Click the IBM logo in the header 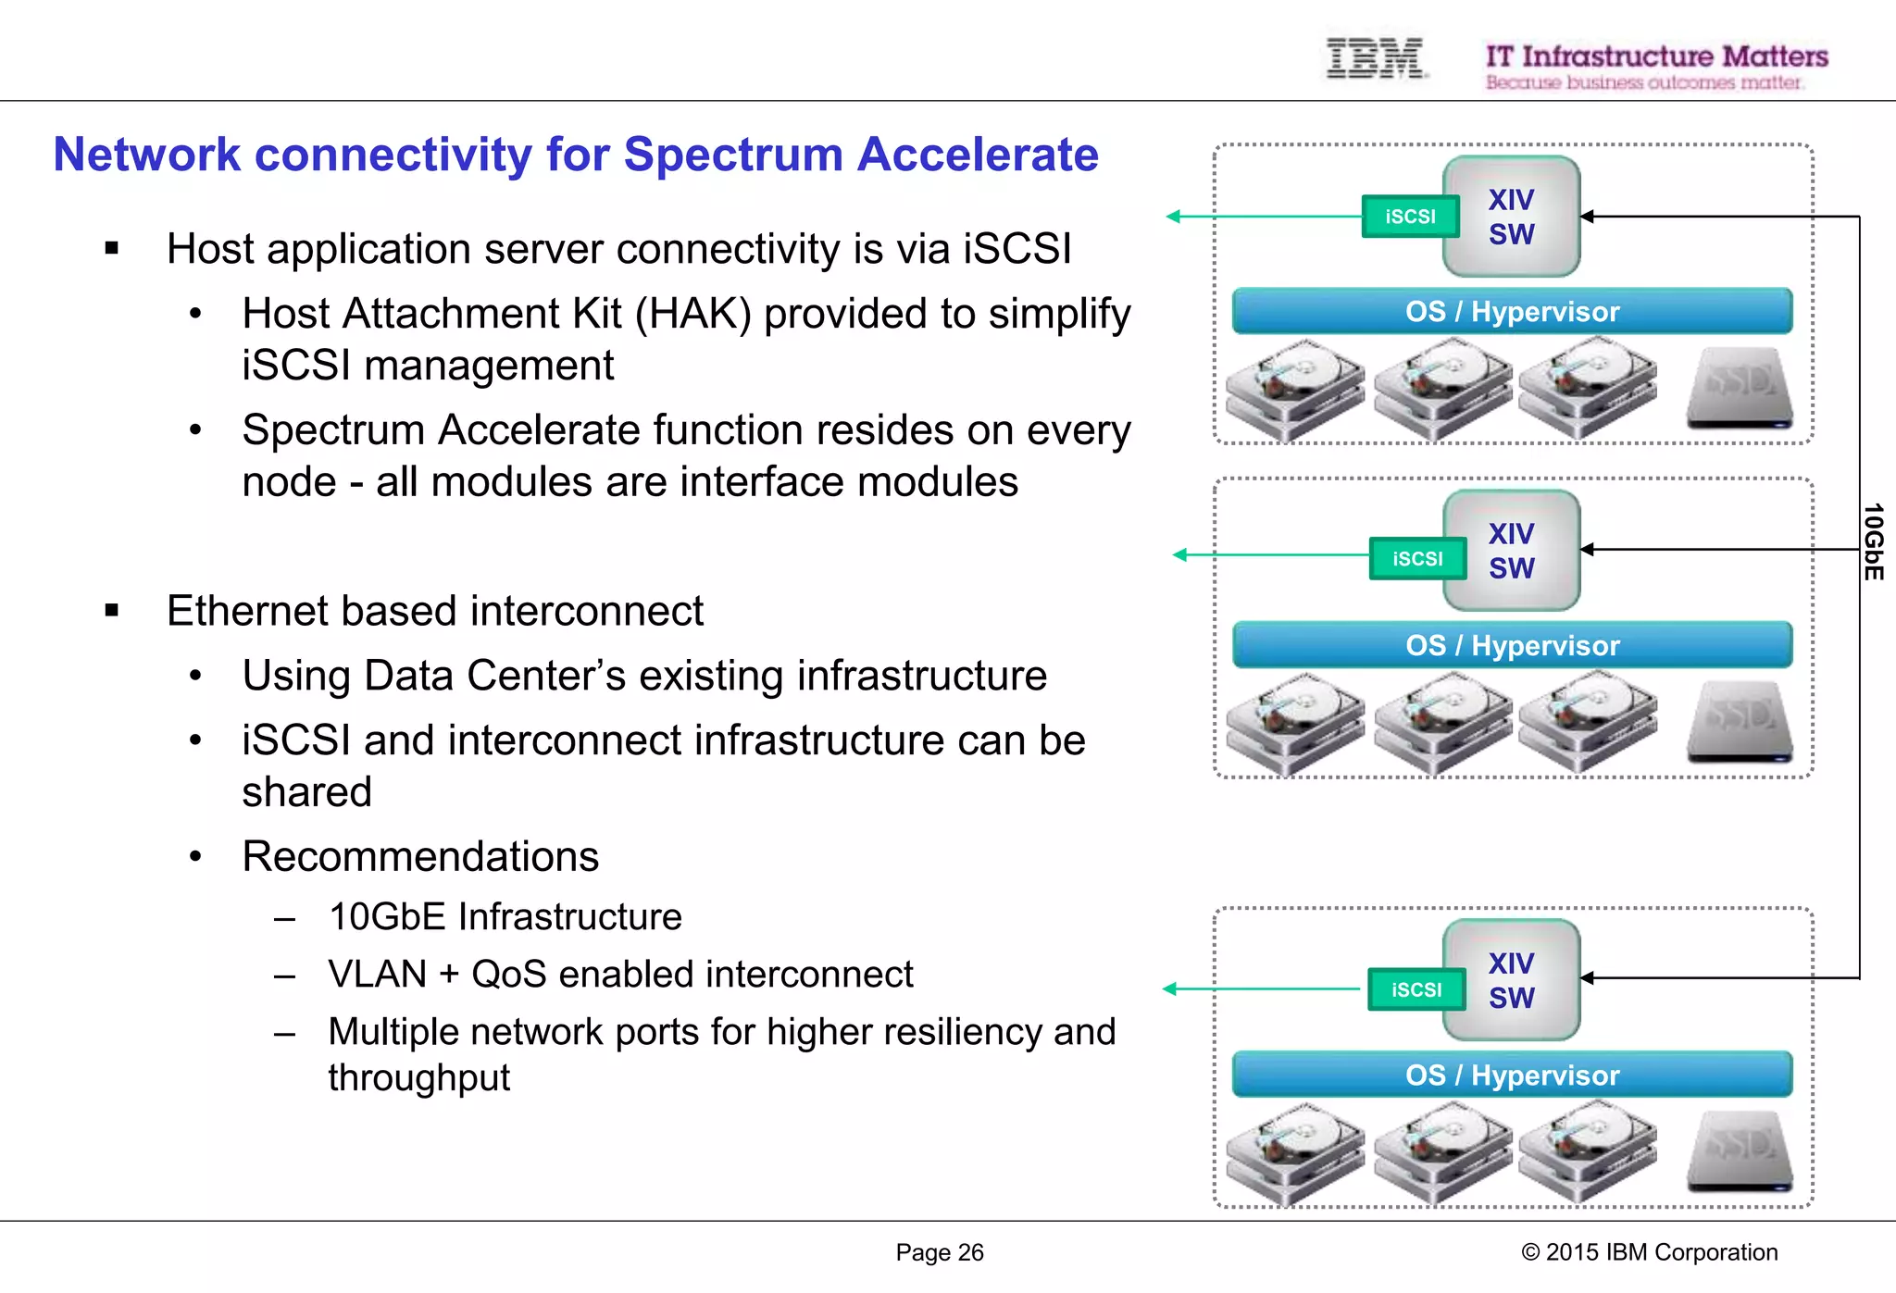click(1375, 58)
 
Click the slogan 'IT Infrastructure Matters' click(1656, 56)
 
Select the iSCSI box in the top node click(1409, 217)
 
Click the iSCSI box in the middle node click(1416, 559)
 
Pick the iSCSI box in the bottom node click(1416, 989)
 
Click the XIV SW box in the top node click(1511, 217)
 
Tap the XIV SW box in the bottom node click(1511, 980)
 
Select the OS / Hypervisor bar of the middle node click(1511, 645)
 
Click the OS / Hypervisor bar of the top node click(1511, 312)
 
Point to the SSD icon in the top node click(1740, 387)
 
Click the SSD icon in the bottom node click(1740, 1151)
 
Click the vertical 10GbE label click(1873, 542)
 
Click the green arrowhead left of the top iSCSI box click(1173, 217)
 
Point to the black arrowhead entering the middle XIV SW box click(1587, 550)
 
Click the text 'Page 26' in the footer click(939, 1252)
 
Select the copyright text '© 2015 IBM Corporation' click(1649, 1252)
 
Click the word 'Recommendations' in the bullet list click(420, 856)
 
